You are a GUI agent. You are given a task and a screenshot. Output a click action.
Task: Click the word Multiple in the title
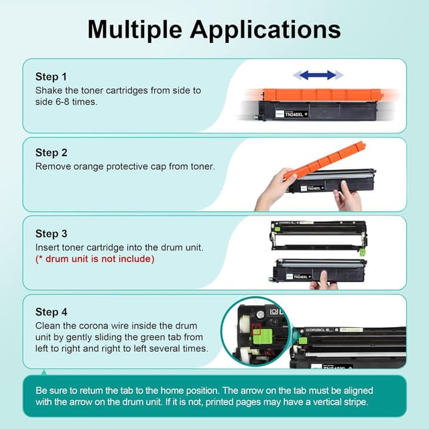135,30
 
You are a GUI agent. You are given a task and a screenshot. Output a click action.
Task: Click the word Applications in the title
265,30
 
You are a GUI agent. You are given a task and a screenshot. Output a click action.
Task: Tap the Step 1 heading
51,77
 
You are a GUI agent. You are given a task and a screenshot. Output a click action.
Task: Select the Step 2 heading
52,153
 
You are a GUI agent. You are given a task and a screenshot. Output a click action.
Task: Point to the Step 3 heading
52,234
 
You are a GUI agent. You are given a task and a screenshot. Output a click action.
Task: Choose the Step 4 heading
52,312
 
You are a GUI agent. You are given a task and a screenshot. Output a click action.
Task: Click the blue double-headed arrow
318,75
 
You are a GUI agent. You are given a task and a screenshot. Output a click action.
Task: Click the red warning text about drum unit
95,259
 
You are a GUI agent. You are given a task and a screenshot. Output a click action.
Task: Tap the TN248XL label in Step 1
294,115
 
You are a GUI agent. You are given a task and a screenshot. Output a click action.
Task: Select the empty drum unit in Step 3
319,237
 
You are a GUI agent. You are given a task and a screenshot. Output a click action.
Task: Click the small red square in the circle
256,328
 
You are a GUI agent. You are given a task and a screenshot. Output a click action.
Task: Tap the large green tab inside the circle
262,336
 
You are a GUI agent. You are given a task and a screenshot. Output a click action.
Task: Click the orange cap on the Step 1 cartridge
322,95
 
